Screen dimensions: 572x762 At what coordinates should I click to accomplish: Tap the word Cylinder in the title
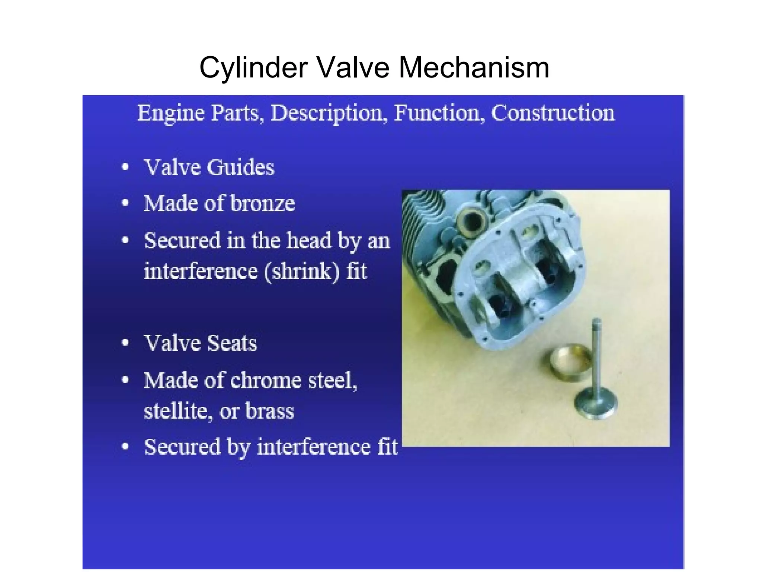[x=253, y=68]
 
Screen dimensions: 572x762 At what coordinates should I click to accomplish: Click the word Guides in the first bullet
[x=240, y=167]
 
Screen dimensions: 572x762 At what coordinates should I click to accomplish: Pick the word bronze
[x=263, y=204]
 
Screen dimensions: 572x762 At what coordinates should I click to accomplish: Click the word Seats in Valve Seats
[x=231, y=343]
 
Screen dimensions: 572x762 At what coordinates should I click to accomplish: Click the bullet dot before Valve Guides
[x=125, y=167]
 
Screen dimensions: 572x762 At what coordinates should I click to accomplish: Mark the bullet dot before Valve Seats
[x=125, y=343]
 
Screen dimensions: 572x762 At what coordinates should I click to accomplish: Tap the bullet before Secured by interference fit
[x=125, y=447]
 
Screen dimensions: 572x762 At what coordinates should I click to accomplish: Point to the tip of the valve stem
[x=596, y=321]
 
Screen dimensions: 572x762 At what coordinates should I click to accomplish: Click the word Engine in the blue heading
[x=171, y=113]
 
